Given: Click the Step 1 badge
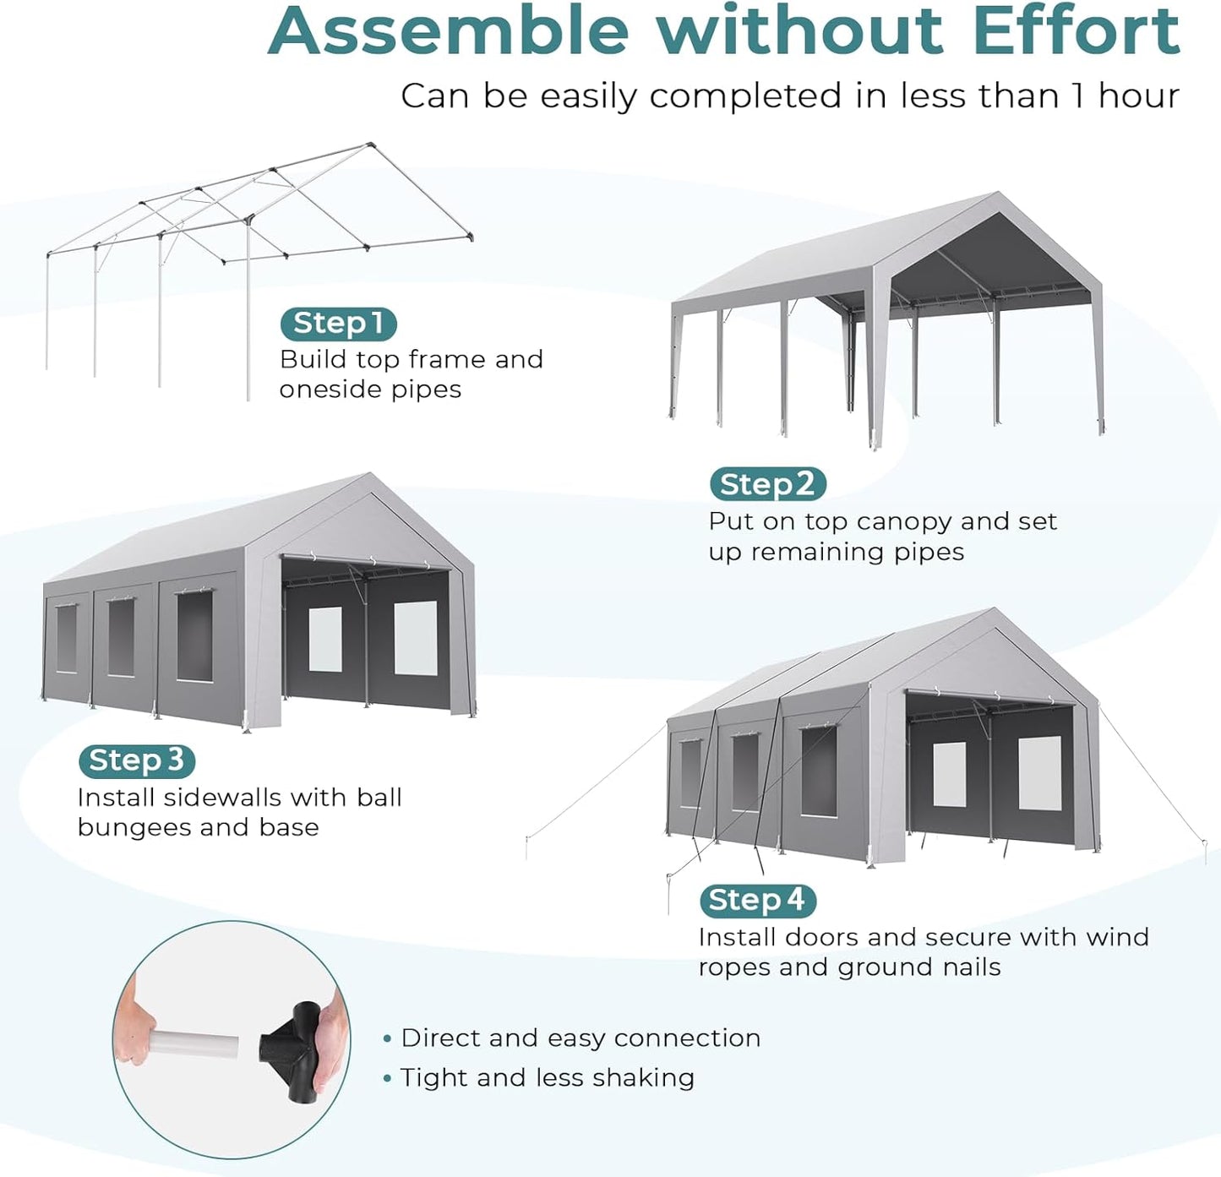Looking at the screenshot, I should point(338,324).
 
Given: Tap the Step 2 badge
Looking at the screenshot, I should point(767,484).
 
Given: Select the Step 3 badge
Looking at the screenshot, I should point(136,760).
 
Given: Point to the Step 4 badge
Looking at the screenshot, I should point(757,900).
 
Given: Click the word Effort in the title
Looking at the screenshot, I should point(1076,31).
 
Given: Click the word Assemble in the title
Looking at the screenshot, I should point(449,31).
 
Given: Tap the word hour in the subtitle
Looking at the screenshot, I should point(1138,96).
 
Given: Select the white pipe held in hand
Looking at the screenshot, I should point(194,1044).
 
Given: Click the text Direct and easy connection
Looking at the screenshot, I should point(580,1038).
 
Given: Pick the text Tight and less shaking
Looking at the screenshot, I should point(547,1077).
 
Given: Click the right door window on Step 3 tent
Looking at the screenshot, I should point(416,638).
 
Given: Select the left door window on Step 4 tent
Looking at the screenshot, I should point(949,775).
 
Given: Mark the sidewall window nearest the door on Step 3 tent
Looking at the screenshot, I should point(194,635).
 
